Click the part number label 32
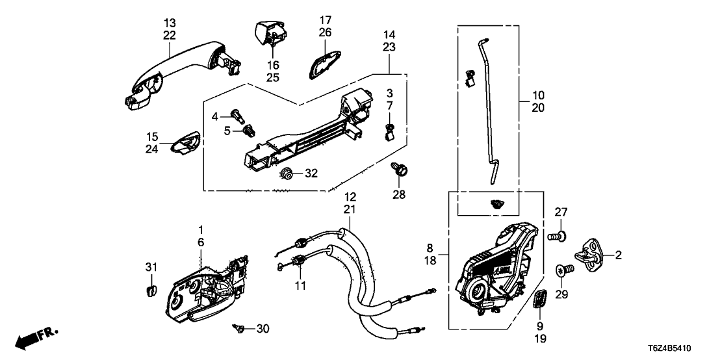[311, 174]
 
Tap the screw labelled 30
[238, 329]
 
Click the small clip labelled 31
[150, 289]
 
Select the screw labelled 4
[238, 116]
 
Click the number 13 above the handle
[170, 23]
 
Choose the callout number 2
[619, 255]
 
